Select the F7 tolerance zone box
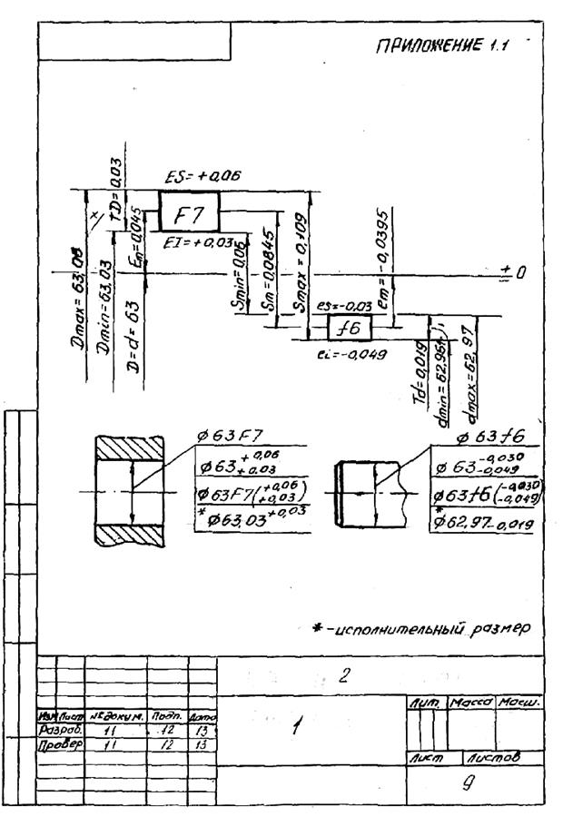[190, 214]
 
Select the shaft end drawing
[367, 495]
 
